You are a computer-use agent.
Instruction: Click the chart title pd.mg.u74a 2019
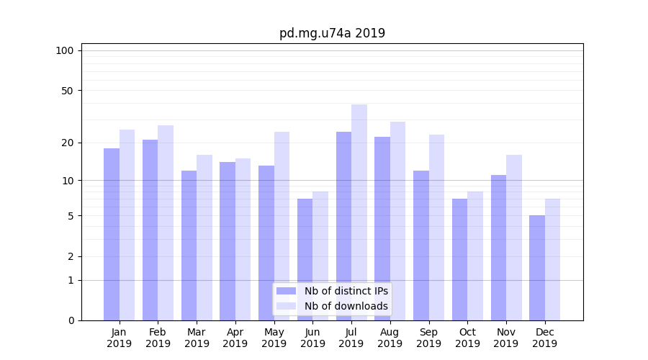(x=332, y=33)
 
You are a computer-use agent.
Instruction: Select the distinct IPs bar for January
(x=112, y=234)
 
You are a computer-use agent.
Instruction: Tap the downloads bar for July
(x=359, y=212)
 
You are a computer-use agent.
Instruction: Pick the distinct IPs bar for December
(x=537, y=268)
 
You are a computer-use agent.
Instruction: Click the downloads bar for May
(x=282, y=226)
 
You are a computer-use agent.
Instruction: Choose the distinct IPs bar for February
(x=150, y=230)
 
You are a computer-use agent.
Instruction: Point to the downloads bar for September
(x=436, y=228)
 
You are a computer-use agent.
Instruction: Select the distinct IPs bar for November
(x=498, y=248)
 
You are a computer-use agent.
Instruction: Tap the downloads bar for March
(x=204, y=238)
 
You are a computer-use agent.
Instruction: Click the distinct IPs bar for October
(x=459, y=259)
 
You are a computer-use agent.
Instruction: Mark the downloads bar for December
(x=552, y=259)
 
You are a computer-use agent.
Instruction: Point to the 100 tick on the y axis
(x=65, y=50)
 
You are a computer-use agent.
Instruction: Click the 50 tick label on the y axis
(x=67, y=91)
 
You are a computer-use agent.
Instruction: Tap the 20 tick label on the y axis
(x=67, y=143)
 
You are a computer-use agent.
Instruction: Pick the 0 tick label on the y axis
(x=71, y=320)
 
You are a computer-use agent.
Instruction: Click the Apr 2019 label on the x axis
(x=235, y=338)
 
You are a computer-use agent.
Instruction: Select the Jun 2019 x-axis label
(x=312, y=338)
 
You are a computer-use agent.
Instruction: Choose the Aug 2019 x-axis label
(x=390, y=338)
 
